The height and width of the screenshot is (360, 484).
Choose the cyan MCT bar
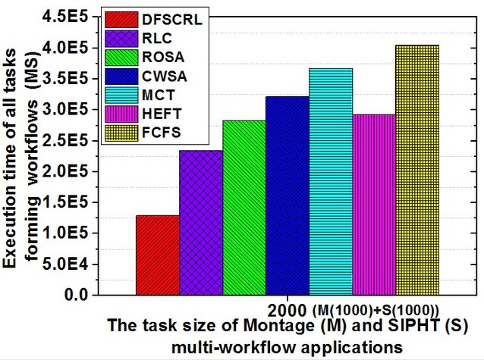coord(331,182)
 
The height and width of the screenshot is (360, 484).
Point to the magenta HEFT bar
coord(374,205)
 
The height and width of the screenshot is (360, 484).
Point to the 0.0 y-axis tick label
coord(77,296)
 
